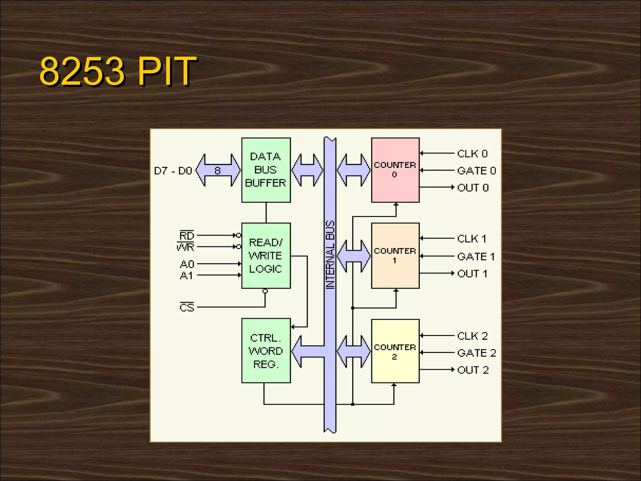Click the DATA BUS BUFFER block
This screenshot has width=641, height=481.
pyautogui.click(x=266, y=170)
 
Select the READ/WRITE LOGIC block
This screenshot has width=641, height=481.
pyautogui.click(x=266, y=256)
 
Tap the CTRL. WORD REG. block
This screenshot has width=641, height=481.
pyautogui.click(x=266, y=351)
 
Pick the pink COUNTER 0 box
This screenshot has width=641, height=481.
pyautogui.click(x=395, y=170)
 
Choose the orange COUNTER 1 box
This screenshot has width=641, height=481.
pyautogui.click(x=395, y=256)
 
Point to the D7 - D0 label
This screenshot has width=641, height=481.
pyautogui.click(x=173, y=171)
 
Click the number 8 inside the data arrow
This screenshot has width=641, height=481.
pyautogui.click(x=218, y=171)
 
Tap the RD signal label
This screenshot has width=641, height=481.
pyautogui.click(x=187, y=235)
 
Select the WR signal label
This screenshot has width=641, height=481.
pyautogui.click(x=186, y=247)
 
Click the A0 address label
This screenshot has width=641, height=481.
pyautogui.click(x=187, y=264)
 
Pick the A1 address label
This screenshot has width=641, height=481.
pyautogui.click(x=187, y=276)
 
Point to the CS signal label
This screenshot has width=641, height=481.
pyautogui.click(x=187, y=308)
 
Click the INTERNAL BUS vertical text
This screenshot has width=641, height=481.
pyautogui.click(x=330, y=254)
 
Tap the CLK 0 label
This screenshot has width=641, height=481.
pyautogui.click(x=472, y=154)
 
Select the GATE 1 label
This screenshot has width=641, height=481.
pyautogui.click(x=476, y=257)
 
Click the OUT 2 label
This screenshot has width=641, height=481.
pyautogui.click(x=473, y=370)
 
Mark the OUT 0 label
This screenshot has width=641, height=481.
pyautogui.click(x=473, y=188)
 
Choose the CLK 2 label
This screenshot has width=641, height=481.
pyautogui.click(x=472, y=336)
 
